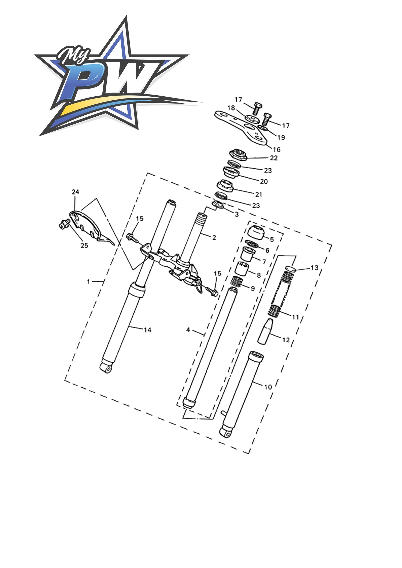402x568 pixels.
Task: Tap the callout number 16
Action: (277, 149)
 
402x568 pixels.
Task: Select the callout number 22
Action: (274, 158)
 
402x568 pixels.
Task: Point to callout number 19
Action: (281, 138)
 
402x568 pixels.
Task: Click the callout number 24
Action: (75, 192)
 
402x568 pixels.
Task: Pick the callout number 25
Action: (84, 245)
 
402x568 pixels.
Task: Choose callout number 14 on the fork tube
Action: (147, 330)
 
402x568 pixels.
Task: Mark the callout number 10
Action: (268, 387)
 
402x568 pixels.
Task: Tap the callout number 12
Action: (286, 340)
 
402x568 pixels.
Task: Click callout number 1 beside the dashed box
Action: (89, 282)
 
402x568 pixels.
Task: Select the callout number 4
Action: (188, 330)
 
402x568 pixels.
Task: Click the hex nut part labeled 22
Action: (238, 155)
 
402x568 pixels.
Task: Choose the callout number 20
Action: (264, 181)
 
